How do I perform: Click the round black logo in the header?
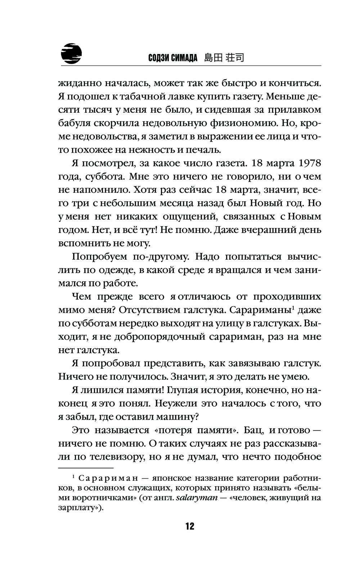coord(71,54)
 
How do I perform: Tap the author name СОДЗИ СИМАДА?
coord(173,58)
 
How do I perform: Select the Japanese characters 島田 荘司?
coord(224,58)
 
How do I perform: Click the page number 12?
coord(190,527)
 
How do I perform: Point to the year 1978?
coord(309,163)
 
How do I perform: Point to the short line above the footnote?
coord(85,468)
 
